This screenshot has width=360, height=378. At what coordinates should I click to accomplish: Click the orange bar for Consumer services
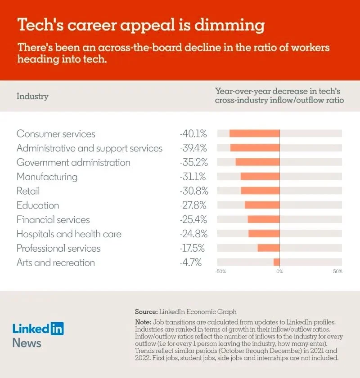point(254,133)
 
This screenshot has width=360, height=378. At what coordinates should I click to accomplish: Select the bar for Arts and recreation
point(276,262)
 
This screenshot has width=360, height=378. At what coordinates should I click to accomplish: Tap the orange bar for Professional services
point(268,248)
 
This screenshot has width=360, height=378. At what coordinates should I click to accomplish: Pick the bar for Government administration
point(257,162)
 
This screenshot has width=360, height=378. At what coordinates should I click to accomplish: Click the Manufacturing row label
point(47,177)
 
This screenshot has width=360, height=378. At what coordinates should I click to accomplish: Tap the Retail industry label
point(28,191)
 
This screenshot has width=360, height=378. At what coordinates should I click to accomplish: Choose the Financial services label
point(53,220)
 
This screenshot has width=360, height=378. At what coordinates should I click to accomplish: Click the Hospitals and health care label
point(69,234)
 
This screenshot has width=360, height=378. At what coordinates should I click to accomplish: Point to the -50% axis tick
point(220,272)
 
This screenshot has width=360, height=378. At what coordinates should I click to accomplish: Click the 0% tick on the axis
point(279,272)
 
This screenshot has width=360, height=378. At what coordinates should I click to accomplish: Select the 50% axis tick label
point(337,272)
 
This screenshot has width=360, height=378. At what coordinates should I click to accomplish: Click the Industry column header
point(32,96)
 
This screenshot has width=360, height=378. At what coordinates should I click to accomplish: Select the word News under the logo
point(27,343)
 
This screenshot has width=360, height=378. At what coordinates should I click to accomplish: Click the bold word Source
point(146,311)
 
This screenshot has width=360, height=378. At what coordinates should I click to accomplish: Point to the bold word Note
point(144,322)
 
